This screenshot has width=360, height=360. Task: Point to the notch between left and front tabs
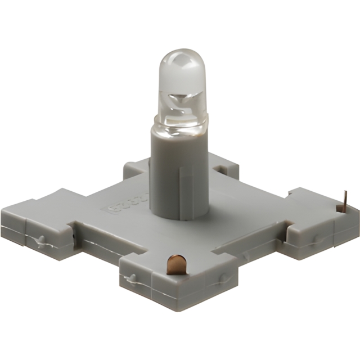[x=96, y=242]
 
